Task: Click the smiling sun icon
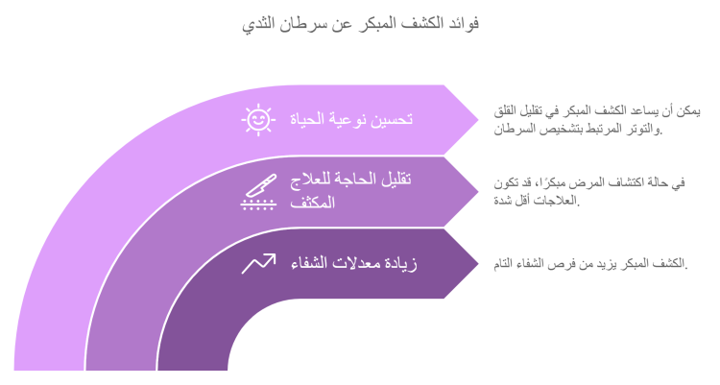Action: (258, 120)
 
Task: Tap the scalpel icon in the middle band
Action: (258, 192)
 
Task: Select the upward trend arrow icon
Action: (258, 263)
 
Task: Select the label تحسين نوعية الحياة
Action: (351, 119)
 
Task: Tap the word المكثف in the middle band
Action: (313, 203)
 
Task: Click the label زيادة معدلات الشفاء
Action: (354, 263)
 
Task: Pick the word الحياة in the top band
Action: (308, 119)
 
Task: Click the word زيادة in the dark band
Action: (399, 264)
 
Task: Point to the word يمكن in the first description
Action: (688, 111)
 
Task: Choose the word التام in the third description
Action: (503, 264)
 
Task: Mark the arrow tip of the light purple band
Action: (478, 120)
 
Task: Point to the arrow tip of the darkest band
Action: (478, 264)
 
